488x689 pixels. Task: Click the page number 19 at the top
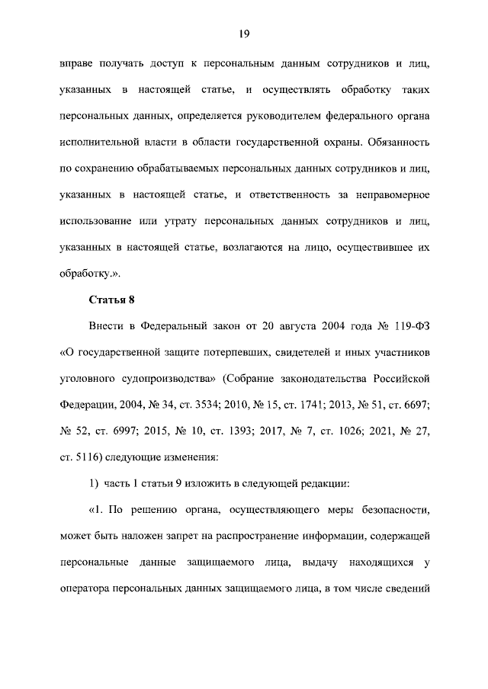244,33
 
